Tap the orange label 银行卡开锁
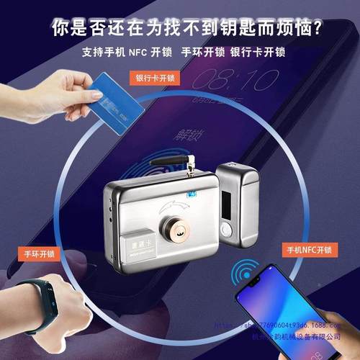tap(154, 77)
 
